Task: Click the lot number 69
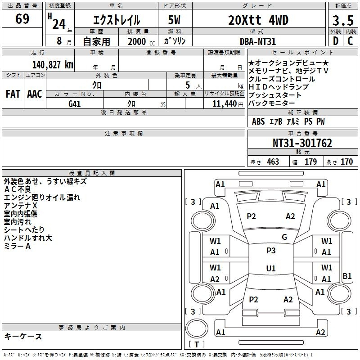tap(22, 19)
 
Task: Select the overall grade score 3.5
tap(343, 21)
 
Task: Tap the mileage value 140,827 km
tap(53, 65)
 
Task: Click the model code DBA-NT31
tap(257, 41)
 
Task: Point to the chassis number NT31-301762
tap(302, 143)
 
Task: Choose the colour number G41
tap(75, 104)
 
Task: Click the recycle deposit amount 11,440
tap(224, 104)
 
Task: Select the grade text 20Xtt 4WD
tap(258, 20)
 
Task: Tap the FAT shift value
tap(13, 94)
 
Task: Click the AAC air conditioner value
tap(35, 94)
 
